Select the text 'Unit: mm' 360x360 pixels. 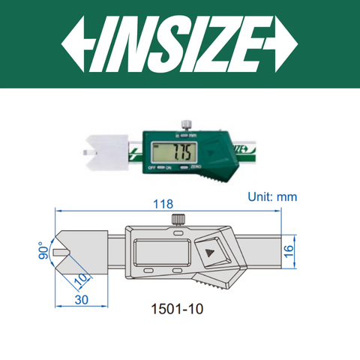(x=272, y=196)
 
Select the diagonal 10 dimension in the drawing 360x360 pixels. (x=82, y=279)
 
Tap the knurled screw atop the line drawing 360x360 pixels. (x=178, y=218)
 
